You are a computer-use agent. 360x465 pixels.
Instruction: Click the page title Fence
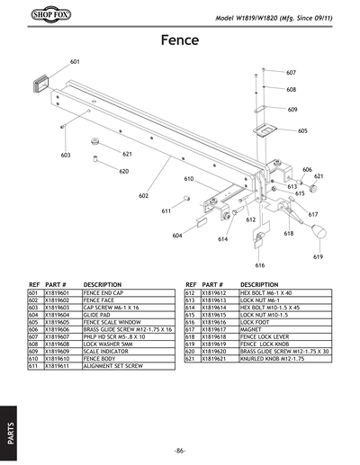tap(180, 40)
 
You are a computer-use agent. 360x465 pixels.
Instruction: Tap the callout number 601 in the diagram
tap(75, 62)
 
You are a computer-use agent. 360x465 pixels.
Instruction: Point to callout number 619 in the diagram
tap(318, 257)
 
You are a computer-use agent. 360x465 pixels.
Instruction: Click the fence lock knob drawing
tap(318, 234)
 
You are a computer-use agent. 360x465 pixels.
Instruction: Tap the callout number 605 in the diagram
tap(302, 131)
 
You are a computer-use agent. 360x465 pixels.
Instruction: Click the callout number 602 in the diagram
tap(143, 195)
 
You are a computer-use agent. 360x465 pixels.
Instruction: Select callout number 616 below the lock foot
tap(259, 265)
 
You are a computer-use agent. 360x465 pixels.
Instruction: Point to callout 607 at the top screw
tap(291, 72)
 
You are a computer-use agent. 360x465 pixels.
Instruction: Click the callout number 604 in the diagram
tap(177, 235)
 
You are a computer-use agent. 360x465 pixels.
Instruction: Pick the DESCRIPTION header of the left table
tap(102, 283)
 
